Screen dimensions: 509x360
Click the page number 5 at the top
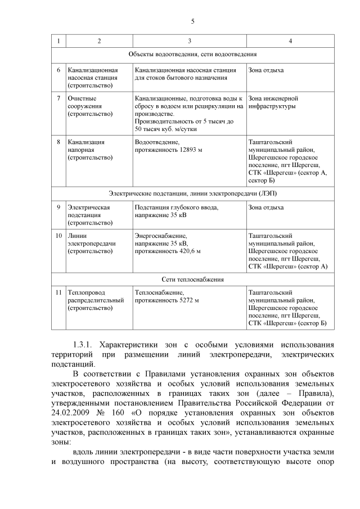192,21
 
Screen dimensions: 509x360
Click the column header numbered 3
190,41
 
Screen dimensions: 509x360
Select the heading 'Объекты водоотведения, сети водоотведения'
192,55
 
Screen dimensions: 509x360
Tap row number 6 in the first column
58,70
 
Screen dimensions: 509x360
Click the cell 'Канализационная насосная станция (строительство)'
92,78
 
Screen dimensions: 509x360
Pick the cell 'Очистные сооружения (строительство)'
89,106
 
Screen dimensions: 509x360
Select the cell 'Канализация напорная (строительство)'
89,150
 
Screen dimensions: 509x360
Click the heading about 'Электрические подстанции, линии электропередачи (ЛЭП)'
192,193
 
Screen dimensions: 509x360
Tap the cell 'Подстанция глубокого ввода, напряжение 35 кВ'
176,211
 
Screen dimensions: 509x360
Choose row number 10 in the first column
58,236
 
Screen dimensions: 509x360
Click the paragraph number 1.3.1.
85,344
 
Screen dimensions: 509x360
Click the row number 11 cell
58,292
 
